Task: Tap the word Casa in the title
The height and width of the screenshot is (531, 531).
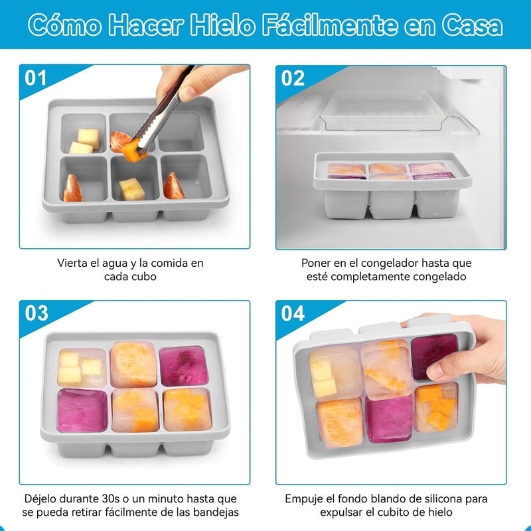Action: click(472, 25)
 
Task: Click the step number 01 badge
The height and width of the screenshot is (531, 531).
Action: click(36, 78)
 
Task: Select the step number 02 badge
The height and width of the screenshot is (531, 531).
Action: click(293, 78)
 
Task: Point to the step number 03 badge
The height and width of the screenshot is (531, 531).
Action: click(37, 313)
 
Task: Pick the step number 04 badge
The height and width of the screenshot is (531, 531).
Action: click(293, 313)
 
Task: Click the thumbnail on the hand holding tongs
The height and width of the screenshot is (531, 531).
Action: click(187, 94)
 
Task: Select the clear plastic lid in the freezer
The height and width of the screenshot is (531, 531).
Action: click(383, 110)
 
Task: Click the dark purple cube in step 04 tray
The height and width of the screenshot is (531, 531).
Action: click(434, 356)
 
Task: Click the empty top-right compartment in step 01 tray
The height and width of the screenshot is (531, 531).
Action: click(181, 131)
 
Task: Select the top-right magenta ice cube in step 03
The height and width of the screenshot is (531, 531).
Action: click(183, 366)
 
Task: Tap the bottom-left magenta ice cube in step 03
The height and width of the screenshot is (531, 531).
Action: click(82, 410)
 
